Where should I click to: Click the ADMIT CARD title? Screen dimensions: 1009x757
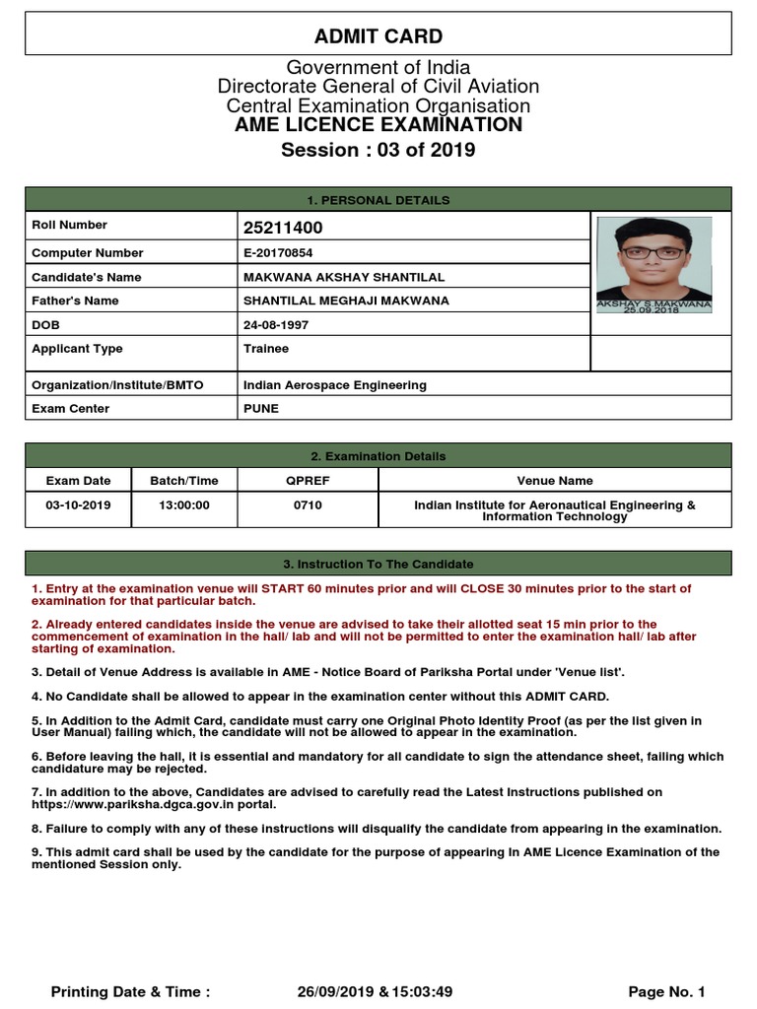click(378, 36)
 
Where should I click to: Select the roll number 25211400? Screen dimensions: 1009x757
click(283, 229)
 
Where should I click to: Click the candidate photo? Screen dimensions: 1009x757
click(654, 263)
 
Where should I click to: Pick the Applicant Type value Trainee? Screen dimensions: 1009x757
click(266, 349)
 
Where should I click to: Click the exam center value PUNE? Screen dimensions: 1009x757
click(261, 408)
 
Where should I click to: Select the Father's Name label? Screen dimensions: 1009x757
click(75, 301)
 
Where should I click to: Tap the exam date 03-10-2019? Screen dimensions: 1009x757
click(78, 505)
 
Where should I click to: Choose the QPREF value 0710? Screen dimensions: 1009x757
click(308, 505)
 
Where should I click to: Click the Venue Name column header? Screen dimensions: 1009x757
click(555, 481)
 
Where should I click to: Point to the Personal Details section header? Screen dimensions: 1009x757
click(378, 200)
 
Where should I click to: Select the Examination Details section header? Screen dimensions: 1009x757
click(378, 456)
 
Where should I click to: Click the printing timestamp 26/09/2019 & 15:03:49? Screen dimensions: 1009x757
click(375, 991)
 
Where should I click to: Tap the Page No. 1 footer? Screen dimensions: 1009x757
click(666, 991)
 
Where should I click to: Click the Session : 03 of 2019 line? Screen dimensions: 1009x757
click(378, 150)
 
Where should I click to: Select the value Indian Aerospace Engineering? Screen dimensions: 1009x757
click(335, 385)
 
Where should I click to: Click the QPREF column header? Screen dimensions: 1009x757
click(308, 481)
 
